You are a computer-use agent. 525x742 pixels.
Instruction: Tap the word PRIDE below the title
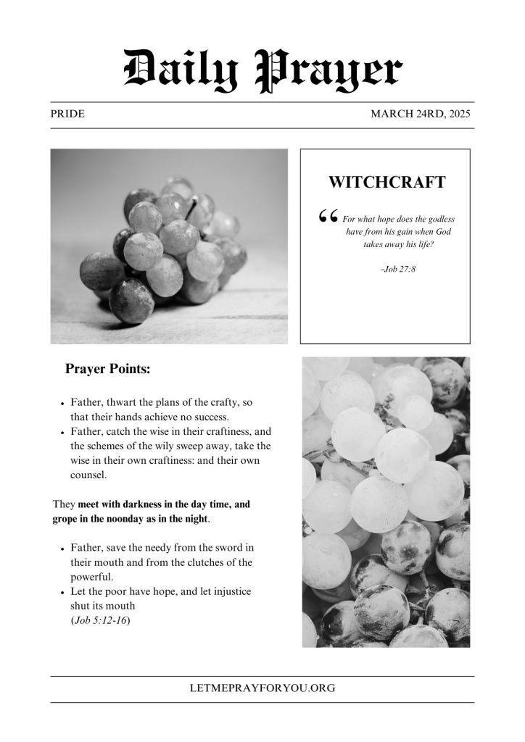point(68,114)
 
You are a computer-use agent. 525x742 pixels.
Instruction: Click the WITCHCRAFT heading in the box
point(386,183)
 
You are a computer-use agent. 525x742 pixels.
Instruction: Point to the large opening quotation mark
point(328,216)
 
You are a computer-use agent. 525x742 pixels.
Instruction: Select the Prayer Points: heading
point(108,369)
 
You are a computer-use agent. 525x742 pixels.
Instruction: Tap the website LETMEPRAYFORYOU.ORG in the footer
point(262,688)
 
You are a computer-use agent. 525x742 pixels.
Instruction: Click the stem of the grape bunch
point(194,208)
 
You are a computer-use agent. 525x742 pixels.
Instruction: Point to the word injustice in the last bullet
point(228,591)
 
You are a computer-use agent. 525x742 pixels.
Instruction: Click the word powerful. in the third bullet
point(92,578)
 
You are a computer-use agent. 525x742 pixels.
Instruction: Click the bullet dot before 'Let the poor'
point(63,593)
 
